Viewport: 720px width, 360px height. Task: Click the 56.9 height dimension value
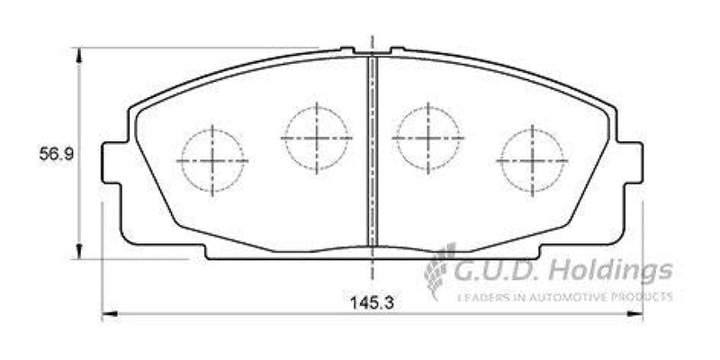pos(55,154)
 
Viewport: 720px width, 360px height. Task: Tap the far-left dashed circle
pos(212,160)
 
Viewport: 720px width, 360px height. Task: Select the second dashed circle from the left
pos(317,137)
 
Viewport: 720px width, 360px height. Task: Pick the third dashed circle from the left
pos(428,138)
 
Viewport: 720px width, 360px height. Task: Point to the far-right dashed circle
pos(532,160)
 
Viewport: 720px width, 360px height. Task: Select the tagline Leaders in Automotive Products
pos(564,296)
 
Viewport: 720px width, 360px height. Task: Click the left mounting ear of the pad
pos(112,162)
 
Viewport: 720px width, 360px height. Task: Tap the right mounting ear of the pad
pos(632,162)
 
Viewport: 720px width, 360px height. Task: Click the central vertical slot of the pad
pos(372,148)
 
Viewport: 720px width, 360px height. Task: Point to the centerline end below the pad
pos(372,277)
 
